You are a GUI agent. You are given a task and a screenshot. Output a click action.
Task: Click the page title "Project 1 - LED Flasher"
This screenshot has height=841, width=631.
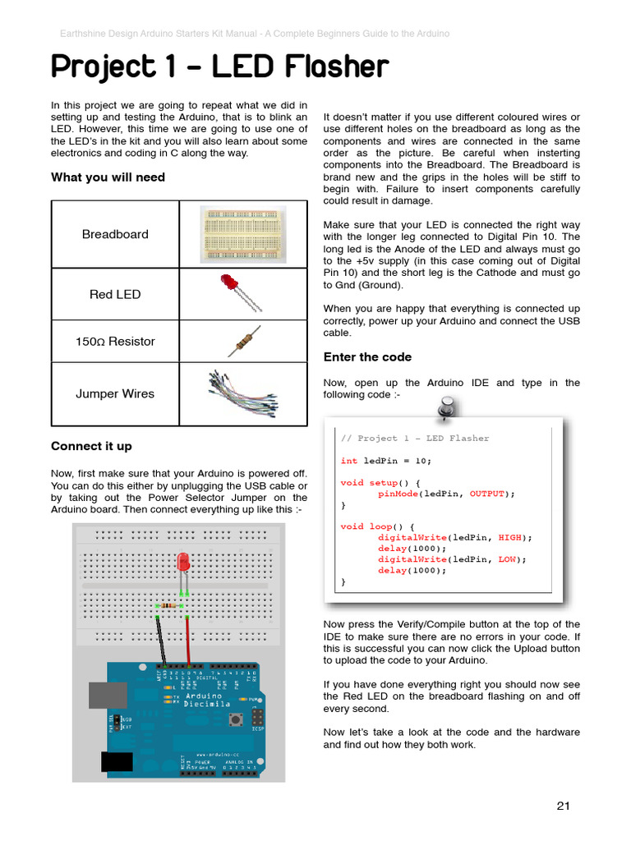[219, 67]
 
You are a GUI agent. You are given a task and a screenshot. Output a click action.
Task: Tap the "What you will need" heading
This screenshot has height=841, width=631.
[108, 177]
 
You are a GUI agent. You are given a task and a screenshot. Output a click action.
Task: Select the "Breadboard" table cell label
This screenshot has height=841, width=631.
[115, 234]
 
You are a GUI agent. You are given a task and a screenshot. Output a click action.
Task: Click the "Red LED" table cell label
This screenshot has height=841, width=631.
[115, 294]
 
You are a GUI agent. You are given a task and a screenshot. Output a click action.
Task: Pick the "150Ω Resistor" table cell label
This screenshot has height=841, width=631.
[115, 342]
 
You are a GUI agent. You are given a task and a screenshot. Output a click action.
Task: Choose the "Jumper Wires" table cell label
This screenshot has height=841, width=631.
[115, 393]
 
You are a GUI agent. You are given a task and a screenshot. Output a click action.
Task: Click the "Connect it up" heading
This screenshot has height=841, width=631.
[91, 446]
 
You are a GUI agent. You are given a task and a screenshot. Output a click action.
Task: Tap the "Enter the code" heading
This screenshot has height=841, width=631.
[367, 357]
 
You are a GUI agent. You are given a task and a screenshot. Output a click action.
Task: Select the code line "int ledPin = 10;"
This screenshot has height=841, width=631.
[385, 461]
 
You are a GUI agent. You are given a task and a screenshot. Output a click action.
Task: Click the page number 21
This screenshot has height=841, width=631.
[563, 806]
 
